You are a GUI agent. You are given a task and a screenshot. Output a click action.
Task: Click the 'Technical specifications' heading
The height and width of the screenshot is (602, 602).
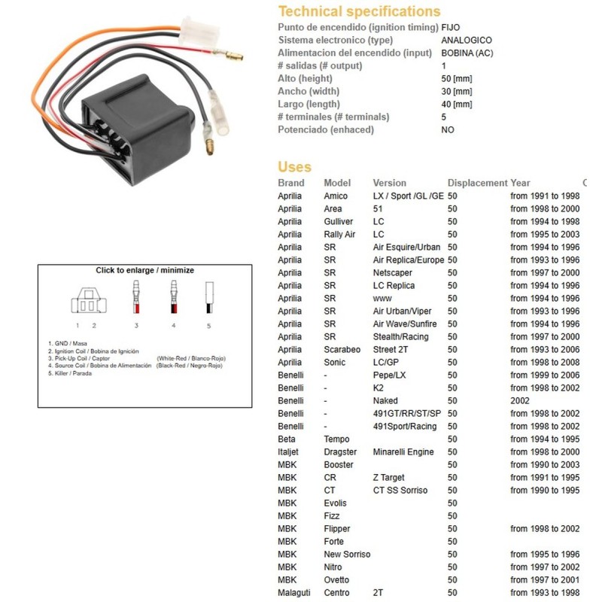[359, 11]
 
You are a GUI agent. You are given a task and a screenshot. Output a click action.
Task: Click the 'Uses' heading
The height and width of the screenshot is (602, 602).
[294, 167]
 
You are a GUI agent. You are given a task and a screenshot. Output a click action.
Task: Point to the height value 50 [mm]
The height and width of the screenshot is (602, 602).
[457, 78]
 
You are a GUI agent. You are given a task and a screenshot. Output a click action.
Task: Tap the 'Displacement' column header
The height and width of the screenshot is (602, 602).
[477, 183]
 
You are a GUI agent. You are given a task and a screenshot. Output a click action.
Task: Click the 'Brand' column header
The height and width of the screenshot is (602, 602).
[291, 183]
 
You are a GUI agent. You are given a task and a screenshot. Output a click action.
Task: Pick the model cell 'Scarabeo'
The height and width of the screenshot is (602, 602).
[342, 349]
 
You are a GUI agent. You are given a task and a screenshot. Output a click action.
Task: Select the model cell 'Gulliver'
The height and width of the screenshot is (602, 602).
[339, 221]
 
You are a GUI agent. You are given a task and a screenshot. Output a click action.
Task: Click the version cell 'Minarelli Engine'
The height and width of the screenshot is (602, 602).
[403, 451]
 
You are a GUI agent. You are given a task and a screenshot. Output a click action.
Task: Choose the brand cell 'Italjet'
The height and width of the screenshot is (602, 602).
[290, 451]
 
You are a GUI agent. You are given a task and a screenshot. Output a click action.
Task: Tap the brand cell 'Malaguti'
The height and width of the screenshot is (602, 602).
[294, 592]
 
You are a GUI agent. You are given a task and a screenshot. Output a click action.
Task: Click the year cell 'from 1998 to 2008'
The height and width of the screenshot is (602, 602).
[545, 362]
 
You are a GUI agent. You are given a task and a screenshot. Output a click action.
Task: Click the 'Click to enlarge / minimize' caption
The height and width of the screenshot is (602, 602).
[144, 270]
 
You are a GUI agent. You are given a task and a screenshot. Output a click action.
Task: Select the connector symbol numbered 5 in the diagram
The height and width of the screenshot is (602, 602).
[208, 298]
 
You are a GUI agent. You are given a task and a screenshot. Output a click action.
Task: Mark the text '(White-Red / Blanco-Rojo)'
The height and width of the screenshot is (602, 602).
[190, 358]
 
